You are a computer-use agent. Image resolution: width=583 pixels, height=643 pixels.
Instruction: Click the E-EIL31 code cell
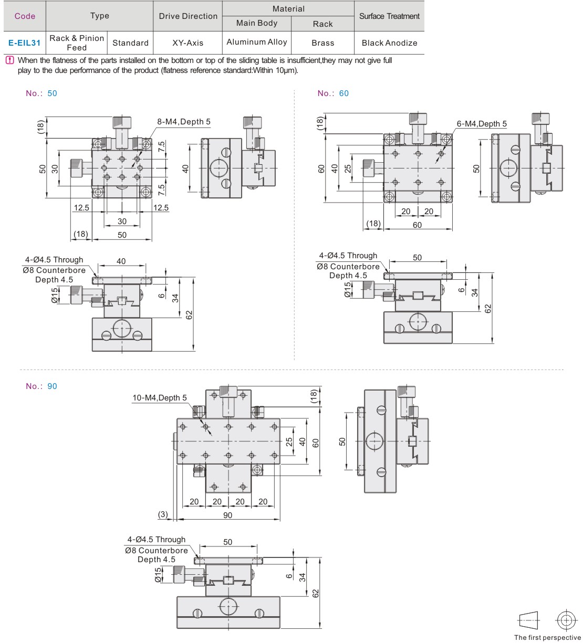[24, 43]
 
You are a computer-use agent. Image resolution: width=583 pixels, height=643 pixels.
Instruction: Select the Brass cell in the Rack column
[322, 43]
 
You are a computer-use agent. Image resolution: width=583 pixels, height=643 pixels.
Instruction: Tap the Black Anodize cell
[389, 43]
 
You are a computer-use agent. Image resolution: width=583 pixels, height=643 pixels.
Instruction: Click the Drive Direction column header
[188, 16]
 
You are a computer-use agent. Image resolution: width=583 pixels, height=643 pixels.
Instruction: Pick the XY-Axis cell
[188, 43]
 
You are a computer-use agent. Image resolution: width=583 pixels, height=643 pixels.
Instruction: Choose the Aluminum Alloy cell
[257, 42]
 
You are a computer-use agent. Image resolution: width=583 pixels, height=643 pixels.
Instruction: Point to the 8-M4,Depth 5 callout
[184, 122]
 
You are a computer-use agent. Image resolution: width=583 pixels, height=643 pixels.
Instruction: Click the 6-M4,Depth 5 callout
[482, 124]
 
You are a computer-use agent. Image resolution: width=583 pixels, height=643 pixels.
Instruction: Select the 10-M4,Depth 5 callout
[159, 398]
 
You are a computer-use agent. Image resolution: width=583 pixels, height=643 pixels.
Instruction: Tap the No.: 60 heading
[333, 93]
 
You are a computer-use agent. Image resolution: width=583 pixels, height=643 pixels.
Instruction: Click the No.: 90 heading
[41, 386]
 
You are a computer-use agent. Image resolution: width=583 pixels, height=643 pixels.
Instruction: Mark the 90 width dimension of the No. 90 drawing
[227, 515]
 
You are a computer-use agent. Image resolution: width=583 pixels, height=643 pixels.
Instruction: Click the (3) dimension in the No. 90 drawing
[163, 514]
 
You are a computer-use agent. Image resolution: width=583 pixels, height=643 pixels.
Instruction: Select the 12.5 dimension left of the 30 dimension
[81, 208]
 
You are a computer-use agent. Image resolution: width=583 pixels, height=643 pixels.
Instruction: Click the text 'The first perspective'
[547, 637]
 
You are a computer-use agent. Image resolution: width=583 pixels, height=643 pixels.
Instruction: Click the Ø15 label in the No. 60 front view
[347, 290]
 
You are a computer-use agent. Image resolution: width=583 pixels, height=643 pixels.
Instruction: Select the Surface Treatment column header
[389, 16]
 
